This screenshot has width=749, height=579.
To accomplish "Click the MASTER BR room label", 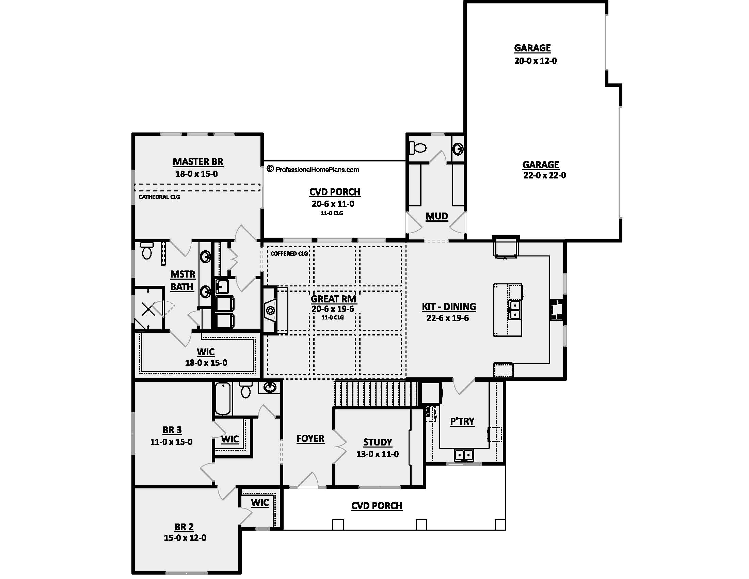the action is [198, 162].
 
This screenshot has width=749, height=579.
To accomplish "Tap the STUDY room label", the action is [378, 442].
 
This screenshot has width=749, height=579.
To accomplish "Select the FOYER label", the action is [310, 439].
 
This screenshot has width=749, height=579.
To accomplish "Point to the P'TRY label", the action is [462, 421].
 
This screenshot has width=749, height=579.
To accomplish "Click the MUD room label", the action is [437, 216].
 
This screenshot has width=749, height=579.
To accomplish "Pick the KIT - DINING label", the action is [449, 307].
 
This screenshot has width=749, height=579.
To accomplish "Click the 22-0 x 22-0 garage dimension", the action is [545, 176].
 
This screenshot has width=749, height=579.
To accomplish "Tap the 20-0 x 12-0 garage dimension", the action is [535, 61].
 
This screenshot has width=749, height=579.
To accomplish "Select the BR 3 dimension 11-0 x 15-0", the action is [172, 442].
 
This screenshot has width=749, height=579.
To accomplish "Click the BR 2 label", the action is [184, 527].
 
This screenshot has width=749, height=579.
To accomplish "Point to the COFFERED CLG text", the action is [289, 254].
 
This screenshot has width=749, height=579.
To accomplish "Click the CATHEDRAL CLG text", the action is [159, 197].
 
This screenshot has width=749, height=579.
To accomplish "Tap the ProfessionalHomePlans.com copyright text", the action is [313, 170].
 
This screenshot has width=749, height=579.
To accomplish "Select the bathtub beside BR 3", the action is [223, 398].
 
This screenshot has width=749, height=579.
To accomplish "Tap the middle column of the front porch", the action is [421, 525].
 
